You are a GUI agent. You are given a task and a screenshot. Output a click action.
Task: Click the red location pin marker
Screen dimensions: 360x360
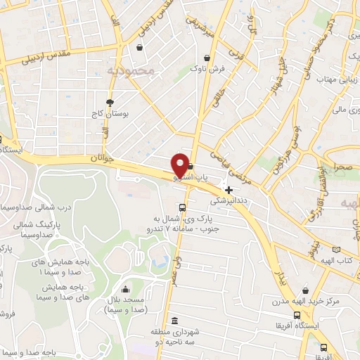[180, 165]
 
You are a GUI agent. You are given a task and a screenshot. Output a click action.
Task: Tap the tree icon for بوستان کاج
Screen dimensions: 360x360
[110, 103]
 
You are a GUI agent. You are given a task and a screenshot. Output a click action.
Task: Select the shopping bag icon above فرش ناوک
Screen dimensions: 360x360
[207, 58]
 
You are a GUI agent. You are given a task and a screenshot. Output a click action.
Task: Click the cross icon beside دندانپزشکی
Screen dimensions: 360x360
[229, 189]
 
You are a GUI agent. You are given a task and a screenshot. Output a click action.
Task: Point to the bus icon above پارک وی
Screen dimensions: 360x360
[183, 207]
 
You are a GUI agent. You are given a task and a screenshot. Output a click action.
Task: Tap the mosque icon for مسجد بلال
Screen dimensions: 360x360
[126, 289]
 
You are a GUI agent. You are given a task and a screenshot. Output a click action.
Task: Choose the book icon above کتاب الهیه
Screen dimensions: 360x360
[336, 250]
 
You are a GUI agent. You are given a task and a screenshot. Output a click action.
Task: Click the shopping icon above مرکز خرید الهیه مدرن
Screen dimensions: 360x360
[304, 290]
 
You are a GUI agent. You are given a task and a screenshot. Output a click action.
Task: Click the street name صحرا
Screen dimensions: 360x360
[344, 167]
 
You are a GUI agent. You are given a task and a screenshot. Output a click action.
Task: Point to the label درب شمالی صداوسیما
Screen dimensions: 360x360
[35, 207]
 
